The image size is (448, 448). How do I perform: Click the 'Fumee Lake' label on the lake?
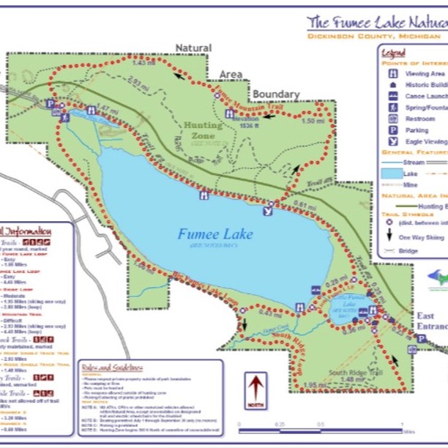(215, 235)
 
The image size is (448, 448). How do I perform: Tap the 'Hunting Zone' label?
(203, 130)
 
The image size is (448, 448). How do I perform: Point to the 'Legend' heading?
(393, 53)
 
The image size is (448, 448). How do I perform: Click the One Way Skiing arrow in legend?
(390, 236)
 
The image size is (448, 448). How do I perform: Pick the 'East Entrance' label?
(431, 321)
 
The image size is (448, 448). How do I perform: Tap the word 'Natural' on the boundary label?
(193, 48)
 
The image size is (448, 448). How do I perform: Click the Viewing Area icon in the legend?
(393, 73)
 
